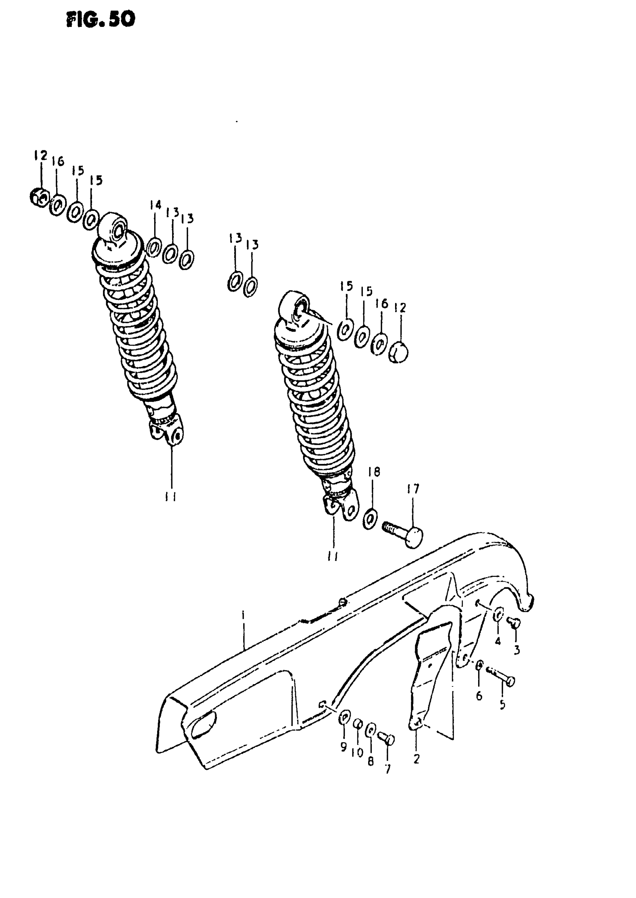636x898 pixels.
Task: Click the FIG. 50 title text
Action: coord(101,19)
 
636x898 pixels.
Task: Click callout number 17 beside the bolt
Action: coord(413,489)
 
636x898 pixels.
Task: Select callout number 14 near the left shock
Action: coord(156,204)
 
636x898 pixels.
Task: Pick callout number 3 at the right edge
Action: coord(517,650)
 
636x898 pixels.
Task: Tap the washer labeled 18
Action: coord(370,519)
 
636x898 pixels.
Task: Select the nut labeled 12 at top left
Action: coord(39,197)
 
